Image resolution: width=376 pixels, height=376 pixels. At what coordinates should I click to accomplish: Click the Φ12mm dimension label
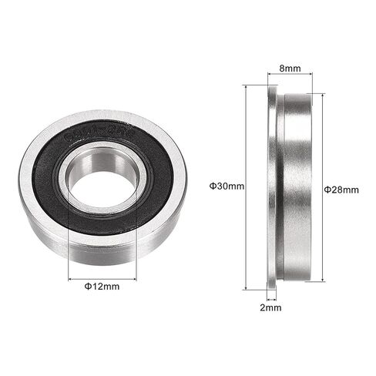click(x=102, y=287)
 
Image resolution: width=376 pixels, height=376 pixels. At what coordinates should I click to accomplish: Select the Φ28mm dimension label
click(x=341, y=190)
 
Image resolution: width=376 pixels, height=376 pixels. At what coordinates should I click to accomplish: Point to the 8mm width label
click(x=290, y=67)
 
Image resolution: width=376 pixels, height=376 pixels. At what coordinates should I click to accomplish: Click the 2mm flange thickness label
click(x=271, y=307)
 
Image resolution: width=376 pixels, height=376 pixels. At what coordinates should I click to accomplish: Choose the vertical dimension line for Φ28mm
click(x=322, y=231)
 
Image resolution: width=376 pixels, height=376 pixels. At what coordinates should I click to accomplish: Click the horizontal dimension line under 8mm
click(x=290, y=75)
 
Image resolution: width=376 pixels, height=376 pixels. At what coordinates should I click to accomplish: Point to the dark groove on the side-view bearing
click(x=279, y=185)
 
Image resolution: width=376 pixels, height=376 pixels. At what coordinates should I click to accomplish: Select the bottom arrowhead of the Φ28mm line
click(x=322, y=280)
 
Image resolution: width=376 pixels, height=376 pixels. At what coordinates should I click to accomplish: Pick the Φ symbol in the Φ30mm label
click(x=213, y=186)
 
